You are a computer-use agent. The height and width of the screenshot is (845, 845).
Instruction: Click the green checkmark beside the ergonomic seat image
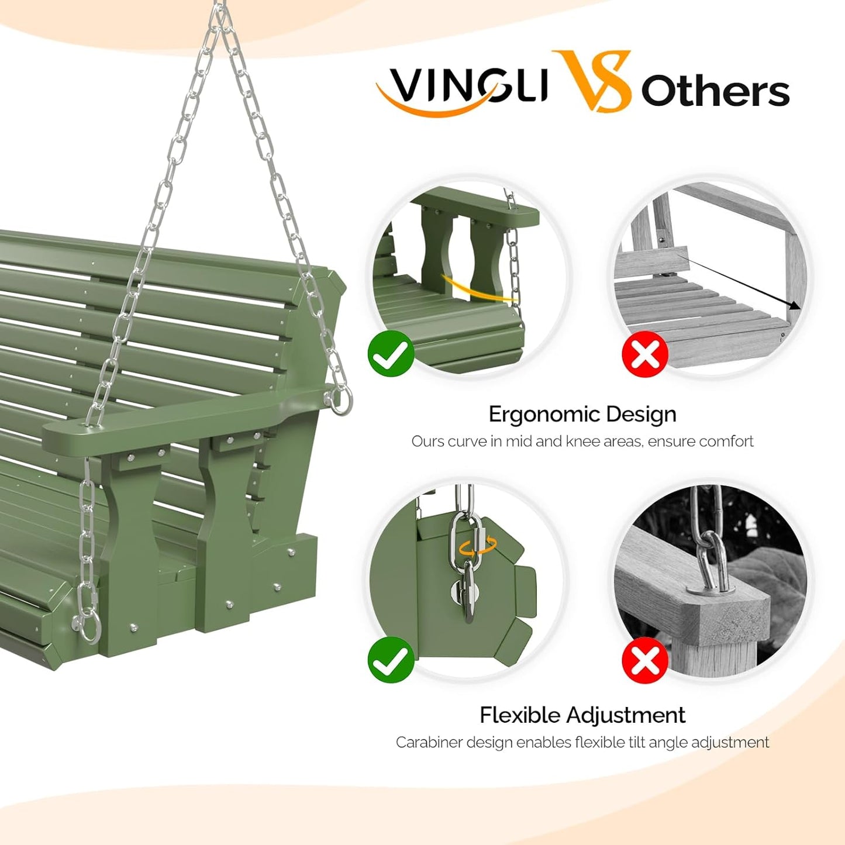[x=391, y=353]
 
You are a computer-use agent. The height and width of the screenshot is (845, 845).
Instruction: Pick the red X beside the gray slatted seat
[x=644, y=354]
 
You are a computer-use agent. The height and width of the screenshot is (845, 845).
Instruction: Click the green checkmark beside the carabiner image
[x=391, y=660]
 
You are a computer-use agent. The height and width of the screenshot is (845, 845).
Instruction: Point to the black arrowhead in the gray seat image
[x=794, y=306]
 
